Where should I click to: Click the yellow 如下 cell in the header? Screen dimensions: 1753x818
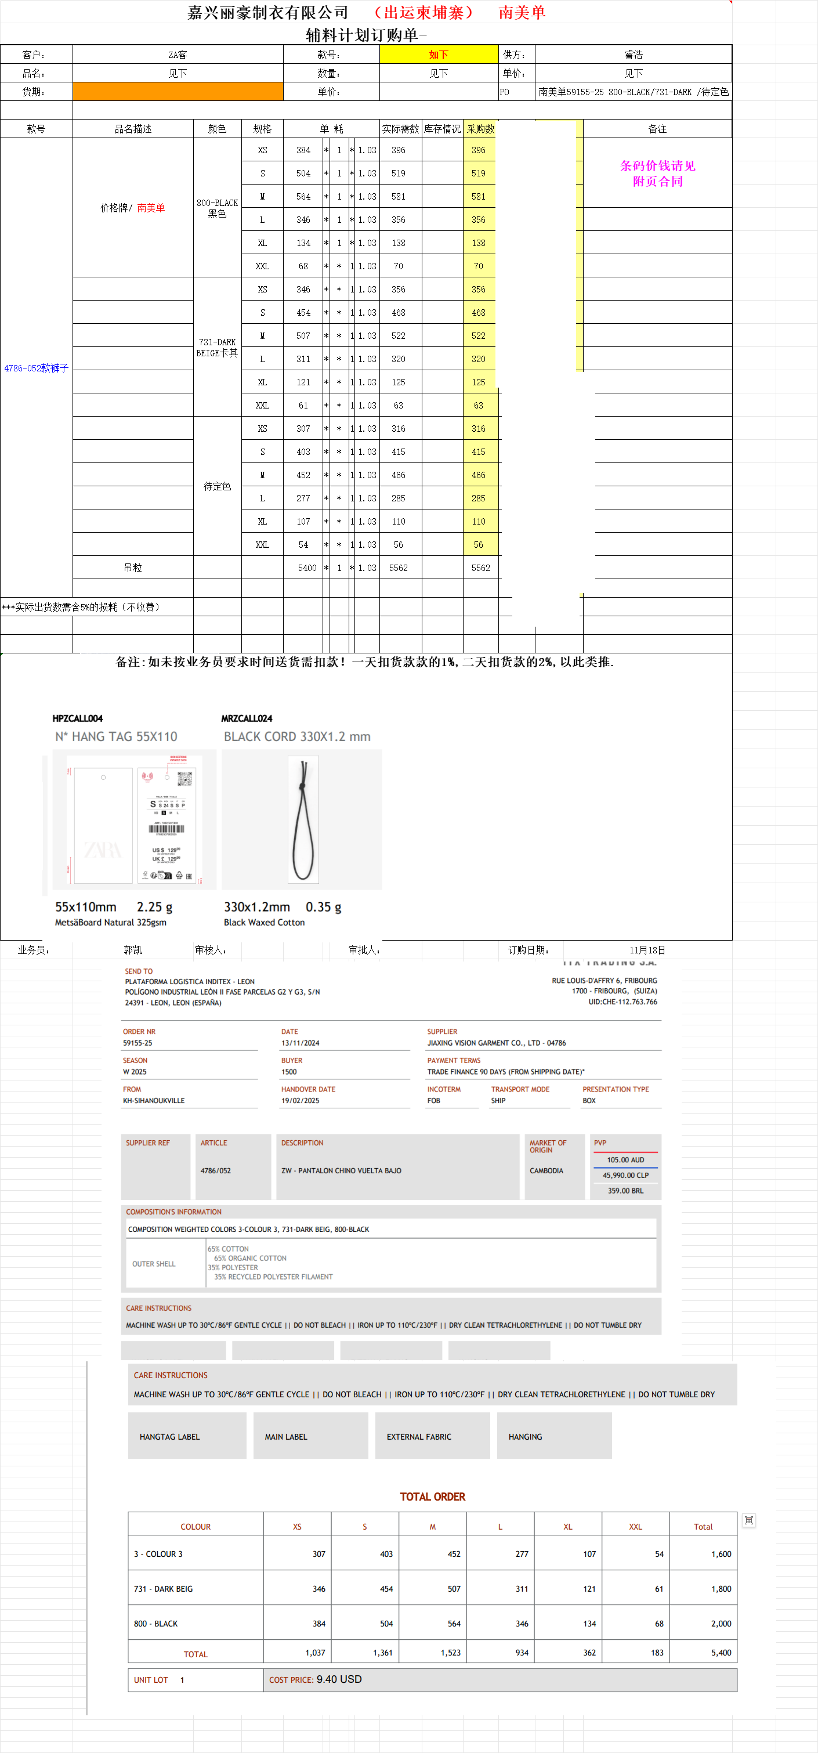point(438,55)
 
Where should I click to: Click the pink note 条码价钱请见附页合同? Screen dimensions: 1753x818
point(657,174)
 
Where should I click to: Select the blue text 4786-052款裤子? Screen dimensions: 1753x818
point(36,368)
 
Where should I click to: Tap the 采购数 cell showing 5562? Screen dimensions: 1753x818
point(480,568)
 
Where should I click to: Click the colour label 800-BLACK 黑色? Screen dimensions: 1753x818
point(217,208)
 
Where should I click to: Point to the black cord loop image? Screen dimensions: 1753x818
point(303,820)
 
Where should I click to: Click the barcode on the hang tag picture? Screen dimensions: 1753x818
point(167,829)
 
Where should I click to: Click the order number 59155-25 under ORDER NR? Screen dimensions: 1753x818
point(137,1043)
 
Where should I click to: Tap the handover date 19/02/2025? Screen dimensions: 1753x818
point(300,1100)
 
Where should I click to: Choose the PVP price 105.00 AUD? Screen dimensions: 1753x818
point(625,1159)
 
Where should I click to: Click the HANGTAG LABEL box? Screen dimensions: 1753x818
point(170,1437)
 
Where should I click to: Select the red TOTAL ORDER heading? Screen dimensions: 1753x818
point(432,1497)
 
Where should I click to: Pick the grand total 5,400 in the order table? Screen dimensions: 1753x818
point(721,1652)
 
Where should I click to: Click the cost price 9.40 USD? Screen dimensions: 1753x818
point(339,1679)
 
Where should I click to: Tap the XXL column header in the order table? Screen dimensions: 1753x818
point(635,1526)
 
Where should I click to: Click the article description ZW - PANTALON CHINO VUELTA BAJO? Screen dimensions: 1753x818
point(341,1170)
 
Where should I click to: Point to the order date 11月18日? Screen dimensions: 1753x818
point(647,950)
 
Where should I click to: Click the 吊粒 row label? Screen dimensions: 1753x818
point(133,568)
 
